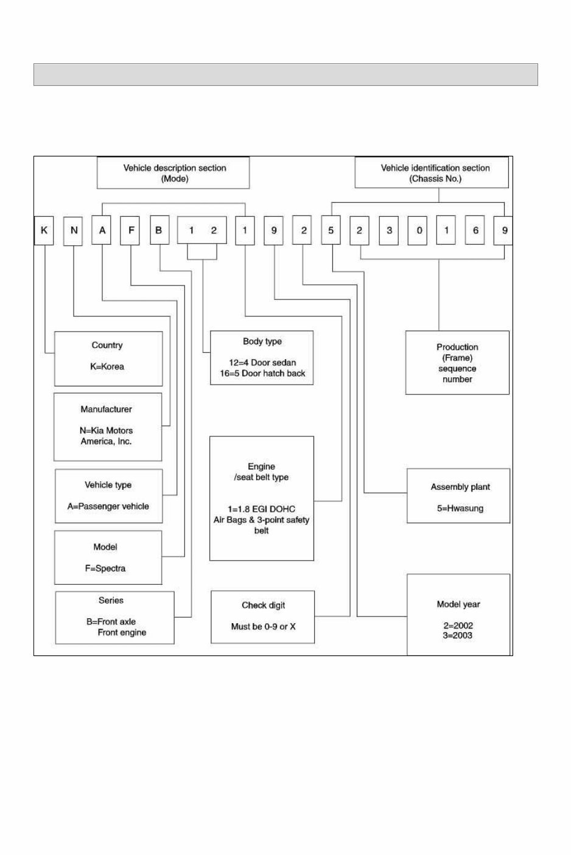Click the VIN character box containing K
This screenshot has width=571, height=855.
(44, 231)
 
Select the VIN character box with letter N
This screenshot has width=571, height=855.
(73, 231)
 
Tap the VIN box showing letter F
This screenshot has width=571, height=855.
(130, 231)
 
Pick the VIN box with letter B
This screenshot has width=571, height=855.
(159, 231)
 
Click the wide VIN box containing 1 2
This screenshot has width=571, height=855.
(201, 231)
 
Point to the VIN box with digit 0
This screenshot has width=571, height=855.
(418, 231)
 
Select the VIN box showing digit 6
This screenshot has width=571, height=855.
(475, 231)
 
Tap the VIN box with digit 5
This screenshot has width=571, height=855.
(331, 231)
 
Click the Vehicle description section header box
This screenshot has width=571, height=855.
(173, 173)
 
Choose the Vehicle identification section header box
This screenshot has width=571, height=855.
(432, 173)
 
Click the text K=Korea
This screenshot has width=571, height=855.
(107, 366)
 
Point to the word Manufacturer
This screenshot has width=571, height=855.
(106, 410)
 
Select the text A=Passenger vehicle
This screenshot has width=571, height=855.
(108, 506)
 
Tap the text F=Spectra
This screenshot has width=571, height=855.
(105, 568)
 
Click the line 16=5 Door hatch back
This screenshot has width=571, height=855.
(262, 373)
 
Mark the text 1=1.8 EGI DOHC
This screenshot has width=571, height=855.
(263, 509)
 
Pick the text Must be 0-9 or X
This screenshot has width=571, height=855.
(263, 626)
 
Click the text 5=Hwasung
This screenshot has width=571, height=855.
(460, 508)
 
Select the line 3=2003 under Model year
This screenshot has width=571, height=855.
(458, 635)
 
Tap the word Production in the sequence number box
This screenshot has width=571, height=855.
(457, 347)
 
